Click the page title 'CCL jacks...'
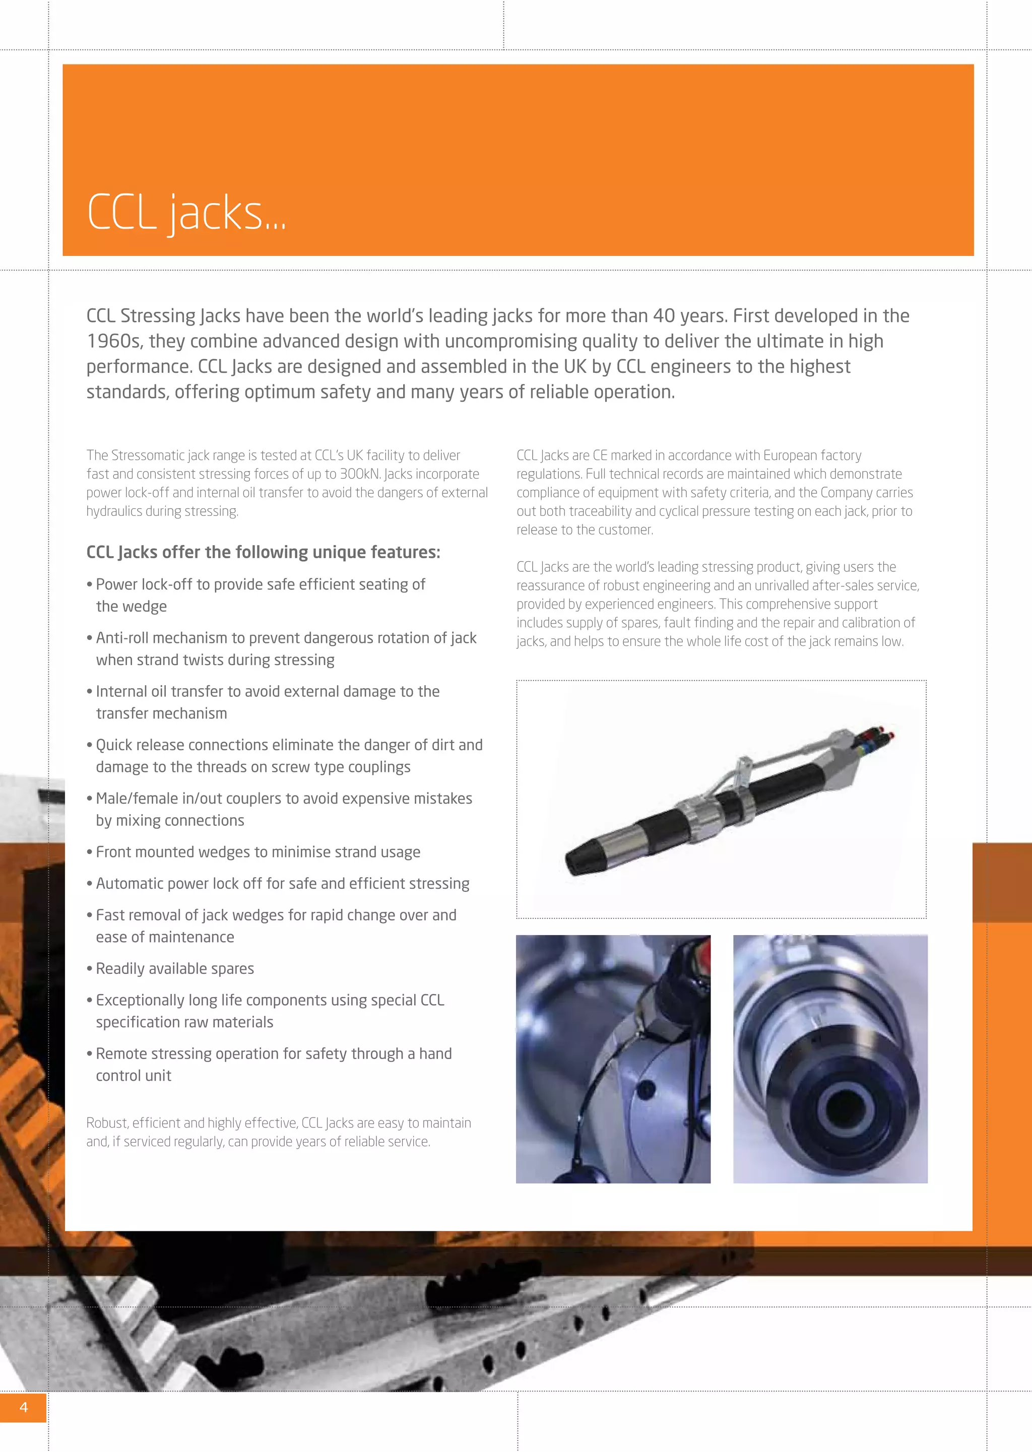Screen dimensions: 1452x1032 (x=186, y=212)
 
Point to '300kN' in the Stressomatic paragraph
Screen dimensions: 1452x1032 (x=360, y=474)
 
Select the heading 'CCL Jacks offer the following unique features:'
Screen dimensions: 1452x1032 (x=263, y=552)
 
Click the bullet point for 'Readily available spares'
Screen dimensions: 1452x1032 (x=175, y=969)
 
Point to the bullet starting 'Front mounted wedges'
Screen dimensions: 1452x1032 (x=257, y=852)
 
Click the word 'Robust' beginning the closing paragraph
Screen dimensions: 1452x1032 (x=105, y=1123)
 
